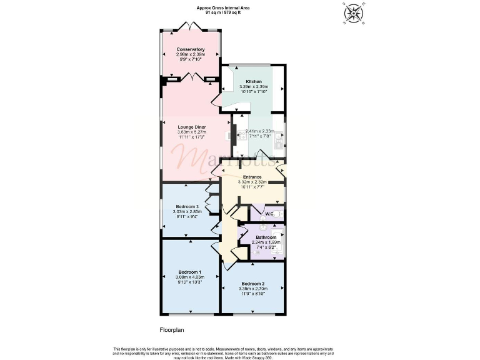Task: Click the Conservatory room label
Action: (x=191, y=49)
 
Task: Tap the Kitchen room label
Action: (x=254, y=82)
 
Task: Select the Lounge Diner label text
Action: (x=192, y=127)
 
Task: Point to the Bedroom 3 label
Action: (x=187, y=207)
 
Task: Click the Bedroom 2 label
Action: (x=254, y=284)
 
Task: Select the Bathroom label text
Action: (x=266, y=237)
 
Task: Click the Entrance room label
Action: (x=252, y=177)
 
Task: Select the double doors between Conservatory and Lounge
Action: (x=190, y=77)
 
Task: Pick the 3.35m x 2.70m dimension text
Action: (x=254, y=289)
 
